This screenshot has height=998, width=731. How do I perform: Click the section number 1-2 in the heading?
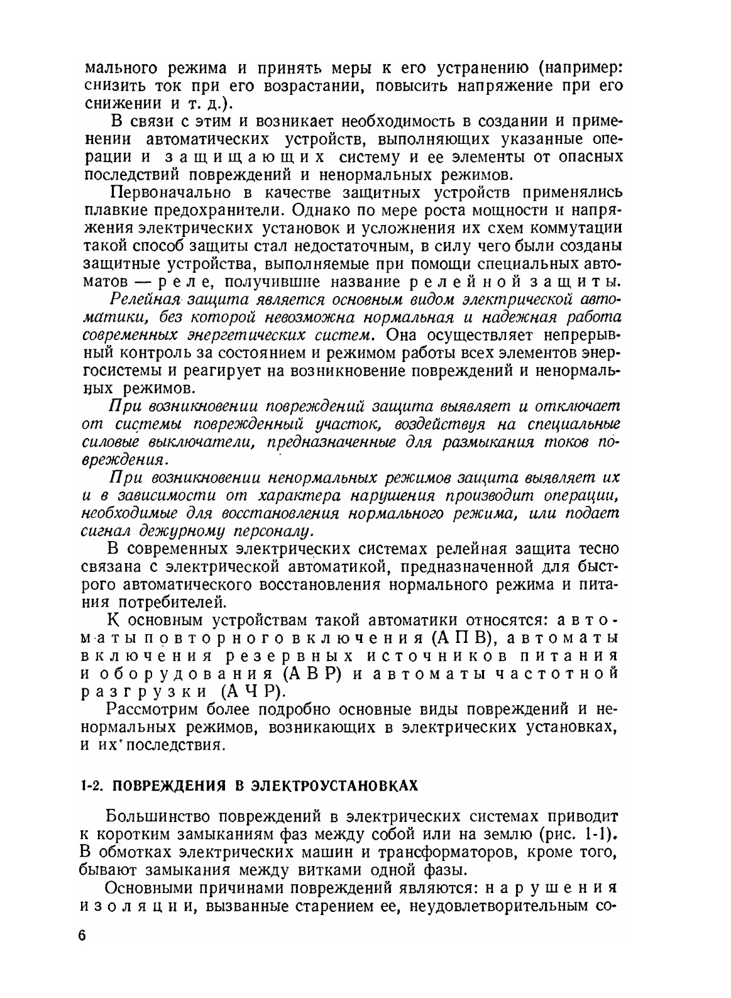click(x=92, y=786)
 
